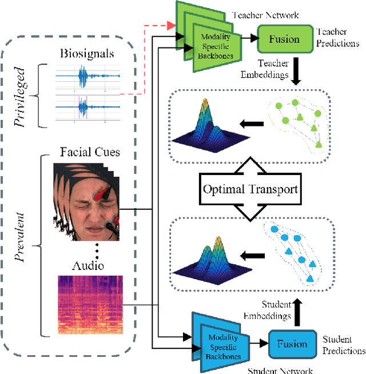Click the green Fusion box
point(284,39)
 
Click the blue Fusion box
point(292,344)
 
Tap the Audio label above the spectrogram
point(87,266)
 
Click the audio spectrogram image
point(90,304)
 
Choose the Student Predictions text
point(343,345)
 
